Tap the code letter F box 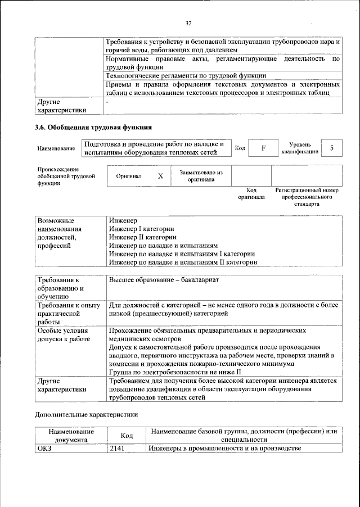(x=263, y=148)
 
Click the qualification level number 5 (x=332, y=148)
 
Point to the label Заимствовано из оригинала (x=201, y=176)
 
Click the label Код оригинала (x=251, y=194)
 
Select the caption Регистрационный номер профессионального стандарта (x=307, y=197)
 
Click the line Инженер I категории (x=141, y=229)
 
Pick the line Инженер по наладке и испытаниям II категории (x=183, y=262)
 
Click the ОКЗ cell (x=44, y=448)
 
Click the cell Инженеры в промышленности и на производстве (x=225, y=448)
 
